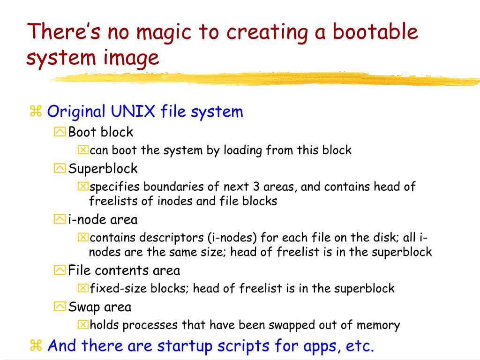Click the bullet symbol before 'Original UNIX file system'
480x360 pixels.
click(x=36, y=112)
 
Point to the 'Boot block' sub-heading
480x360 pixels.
click(x=101, y=132)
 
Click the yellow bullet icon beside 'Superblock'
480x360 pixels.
click(x=60, y=168)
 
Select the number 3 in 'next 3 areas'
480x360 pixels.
click(x=256, y=187)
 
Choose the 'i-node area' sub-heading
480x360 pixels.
click(x=103, y=219)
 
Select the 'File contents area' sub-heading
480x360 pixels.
click(x=124, y=270)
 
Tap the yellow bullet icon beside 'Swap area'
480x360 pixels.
click(x=60, y=307)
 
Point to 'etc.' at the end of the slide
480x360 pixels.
click(x=360, y=346)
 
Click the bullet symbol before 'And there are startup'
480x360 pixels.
click(x=36, y=346)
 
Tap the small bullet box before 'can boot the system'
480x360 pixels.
click(x=82, y=150)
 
